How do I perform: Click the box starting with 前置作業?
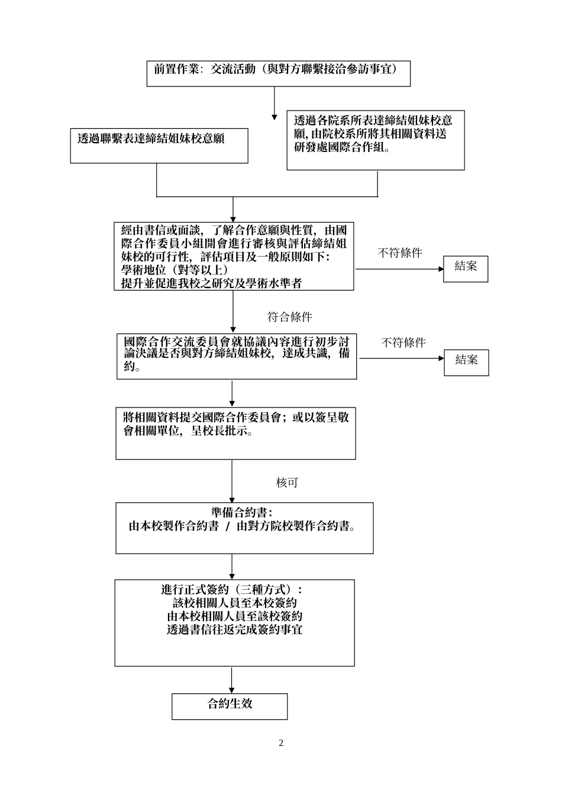(278, 73)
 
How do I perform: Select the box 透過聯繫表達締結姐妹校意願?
(159, 146)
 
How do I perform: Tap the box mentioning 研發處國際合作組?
(375, 140)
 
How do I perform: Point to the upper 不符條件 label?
(399, 253)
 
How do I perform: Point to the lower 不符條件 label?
(403, 342)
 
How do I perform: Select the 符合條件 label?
(289, 317)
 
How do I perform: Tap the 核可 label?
(287, 483)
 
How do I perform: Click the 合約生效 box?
(230, 706)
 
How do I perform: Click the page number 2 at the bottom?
(281, 743)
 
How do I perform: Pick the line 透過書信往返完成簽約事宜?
(234, 630)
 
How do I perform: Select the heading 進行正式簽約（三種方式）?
(234, 590)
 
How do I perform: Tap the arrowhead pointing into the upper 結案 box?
(440, 269)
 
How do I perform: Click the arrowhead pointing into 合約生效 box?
(232, 690)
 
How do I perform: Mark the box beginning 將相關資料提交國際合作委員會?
(235, 433)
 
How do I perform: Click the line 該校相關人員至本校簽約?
(234, 603)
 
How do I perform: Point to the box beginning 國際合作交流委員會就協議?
(237, 356)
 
